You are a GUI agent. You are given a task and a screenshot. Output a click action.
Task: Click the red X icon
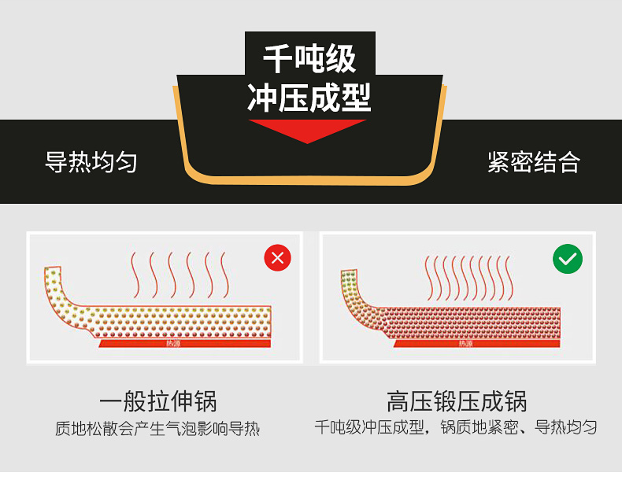pyautogui.click(x=277, y=257)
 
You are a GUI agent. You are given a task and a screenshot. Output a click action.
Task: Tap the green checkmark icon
pyautogui.click(x=567, y=257)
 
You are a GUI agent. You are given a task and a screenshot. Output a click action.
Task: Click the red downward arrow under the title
pyautogui.click(x=307, y=131)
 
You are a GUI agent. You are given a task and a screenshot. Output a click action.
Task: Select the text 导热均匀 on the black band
pyautogui.click(x=91, y=162)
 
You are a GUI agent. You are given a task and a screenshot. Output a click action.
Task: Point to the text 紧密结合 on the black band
pyautogui.click(x=533, y=162)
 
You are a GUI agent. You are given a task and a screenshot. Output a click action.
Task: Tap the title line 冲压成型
pyautogui.click(x=309, y=98)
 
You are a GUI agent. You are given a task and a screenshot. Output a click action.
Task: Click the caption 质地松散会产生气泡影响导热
pyautogui.click(x=157, y=429)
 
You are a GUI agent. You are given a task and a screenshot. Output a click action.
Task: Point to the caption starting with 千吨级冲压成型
pyautogui.click(x=456, y=428)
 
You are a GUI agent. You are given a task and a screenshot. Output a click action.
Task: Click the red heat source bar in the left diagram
pyautogui.click(x=184, y=343)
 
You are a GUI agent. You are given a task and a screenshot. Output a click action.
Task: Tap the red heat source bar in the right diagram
pyautogui.click(x=472, y=343)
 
